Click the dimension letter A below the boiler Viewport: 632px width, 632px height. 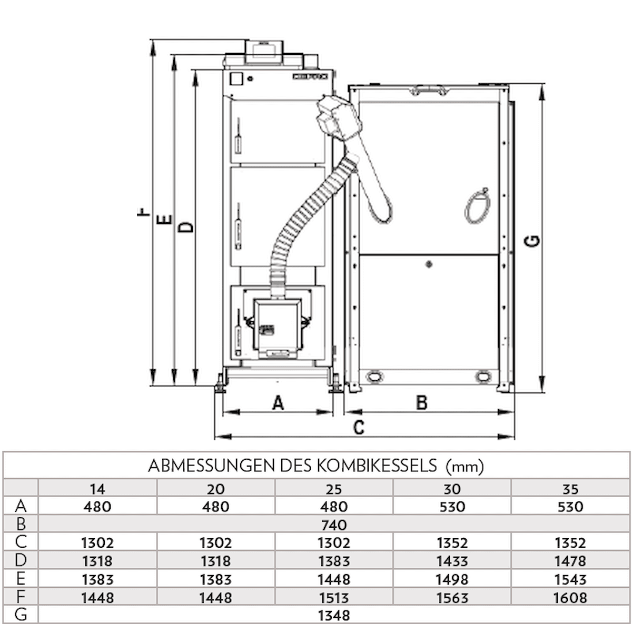pos(278,403)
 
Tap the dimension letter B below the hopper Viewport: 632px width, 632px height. pos(421,403)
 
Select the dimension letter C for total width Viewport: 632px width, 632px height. pos(359,427)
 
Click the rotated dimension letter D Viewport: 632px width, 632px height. pos(185,227)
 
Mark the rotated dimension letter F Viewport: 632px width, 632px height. pos(142,213)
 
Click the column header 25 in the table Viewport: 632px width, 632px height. pos(333,489)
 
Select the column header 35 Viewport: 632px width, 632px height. pos(570,489)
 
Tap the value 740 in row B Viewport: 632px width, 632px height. pos(333,525)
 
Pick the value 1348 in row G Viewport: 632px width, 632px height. pos(333,615)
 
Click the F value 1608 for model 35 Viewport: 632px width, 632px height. pos(570,597)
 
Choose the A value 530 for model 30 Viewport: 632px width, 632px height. pos(452,507)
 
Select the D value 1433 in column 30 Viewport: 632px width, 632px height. pos(452,561)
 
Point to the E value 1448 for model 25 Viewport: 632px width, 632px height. pos(333,579)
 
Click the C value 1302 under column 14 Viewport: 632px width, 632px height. pos(97,542)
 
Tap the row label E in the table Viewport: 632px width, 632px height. pos(21,579)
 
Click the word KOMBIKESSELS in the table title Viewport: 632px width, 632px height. pos(378,465)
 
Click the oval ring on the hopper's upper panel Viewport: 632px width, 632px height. pos(478,206)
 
